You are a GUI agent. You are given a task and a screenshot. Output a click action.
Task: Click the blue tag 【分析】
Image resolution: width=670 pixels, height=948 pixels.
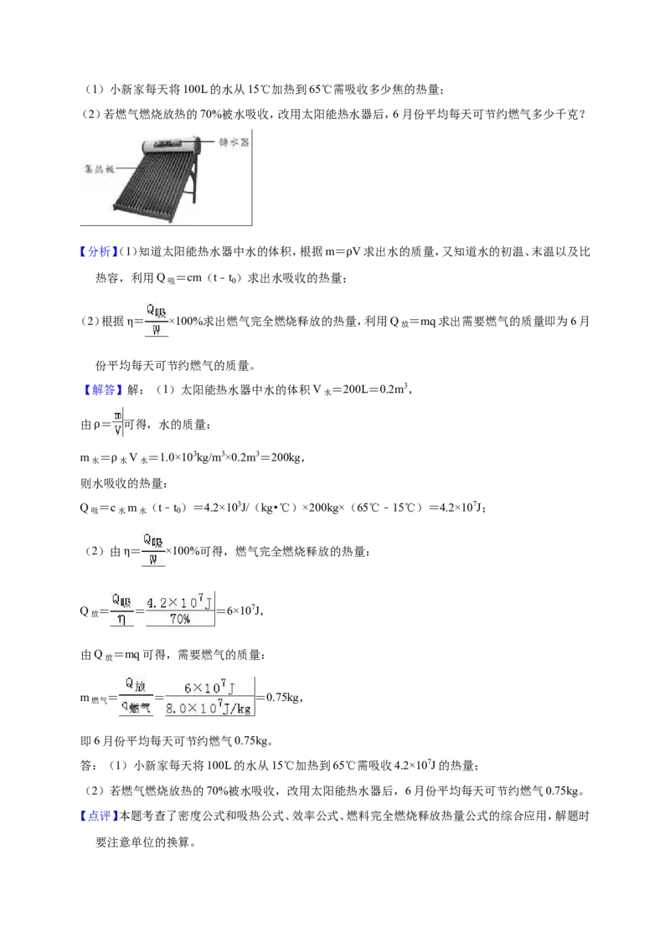pos(99,251)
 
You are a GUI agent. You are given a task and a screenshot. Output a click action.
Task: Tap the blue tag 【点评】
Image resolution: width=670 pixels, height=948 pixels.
pos(99,816)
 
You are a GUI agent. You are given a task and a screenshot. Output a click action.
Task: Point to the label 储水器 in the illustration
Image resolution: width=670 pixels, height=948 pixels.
pos(234,142)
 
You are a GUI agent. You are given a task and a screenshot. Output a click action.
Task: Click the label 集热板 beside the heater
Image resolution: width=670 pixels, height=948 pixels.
pos(99,168)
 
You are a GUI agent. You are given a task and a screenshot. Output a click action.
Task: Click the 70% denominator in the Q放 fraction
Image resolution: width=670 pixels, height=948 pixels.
pos(179,619)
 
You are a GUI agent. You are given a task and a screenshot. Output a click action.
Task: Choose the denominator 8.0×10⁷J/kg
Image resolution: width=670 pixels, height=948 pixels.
pos(209,708)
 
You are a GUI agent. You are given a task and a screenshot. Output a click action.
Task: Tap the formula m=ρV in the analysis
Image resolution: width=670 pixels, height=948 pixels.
pos(343,251)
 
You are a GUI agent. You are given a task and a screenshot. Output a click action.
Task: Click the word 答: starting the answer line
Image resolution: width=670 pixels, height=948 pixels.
pos(89,766)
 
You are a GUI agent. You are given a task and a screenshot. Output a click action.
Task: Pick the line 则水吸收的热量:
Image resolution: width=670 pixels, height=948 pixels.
pos(125,483)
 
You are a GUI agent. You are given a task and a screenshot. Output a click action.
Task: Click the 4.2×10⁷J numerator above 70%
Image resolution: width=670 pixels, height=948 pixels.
pos(179,602)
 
